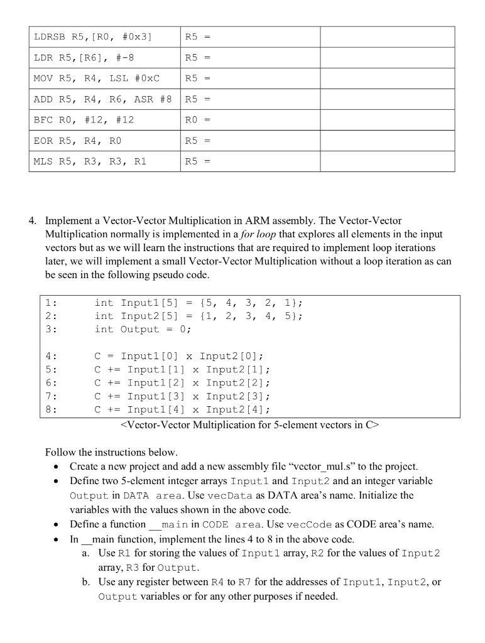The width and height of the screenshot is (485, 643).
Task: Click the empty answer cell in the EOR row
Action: pos(387,141)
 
